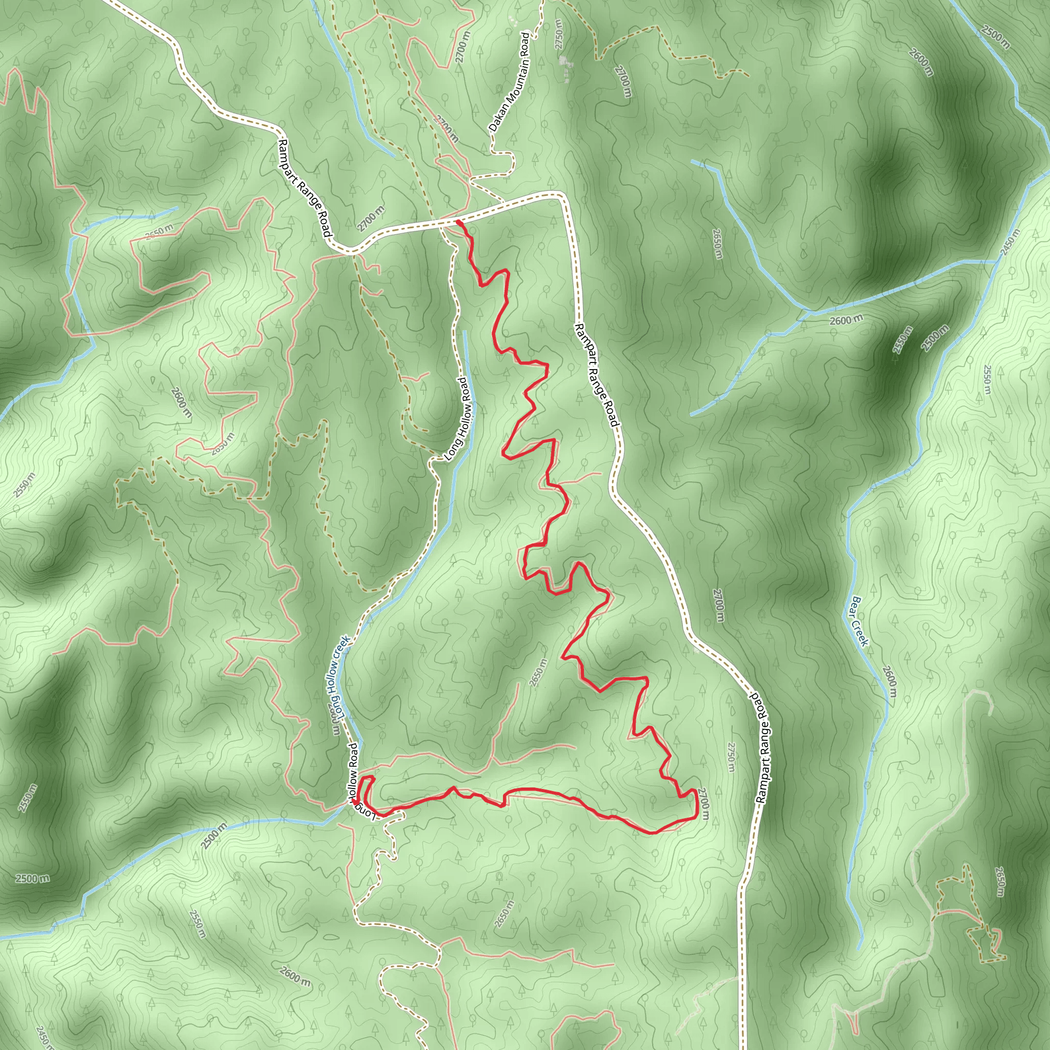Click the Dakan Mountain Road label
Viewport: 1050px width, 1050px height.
pos(509,83)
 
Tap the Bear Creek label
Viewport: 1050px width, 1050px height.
pos(860,621)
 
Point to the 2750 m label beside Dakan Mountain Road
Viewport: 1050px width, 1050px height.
pos(559,34)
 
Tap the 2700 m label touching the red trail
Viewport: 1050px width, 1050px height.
pos(703,804)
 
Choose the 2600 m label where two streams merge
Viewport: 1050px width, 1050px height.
pos(846,320)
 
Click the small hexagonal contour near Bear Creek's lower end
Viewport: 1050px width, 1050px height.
pos(879,896)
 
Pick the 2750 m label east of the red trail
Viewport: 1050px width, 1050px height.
pos(731,757)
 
